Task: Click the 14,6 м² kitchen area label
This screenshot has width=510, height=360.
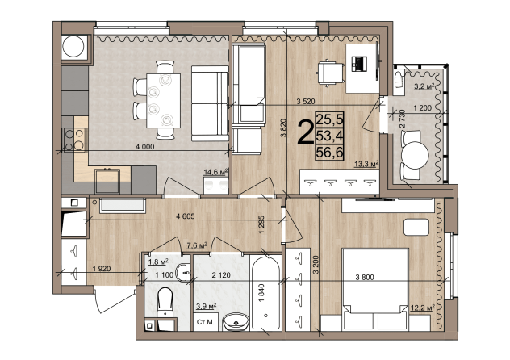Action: click(215, 172)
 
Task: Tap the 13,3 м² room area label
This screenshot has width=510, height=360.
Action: click(366, 165)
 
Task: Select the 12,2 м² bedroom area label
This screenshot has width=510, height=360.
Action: click(423, 308)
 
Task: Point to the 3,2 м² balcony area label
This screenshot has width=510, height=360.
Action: click(424, 86)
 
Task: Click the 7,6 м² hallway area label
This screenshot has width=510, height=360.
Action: click(197, 245)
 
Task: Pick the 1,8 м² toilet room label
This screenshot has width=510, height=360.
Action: click(158, 262)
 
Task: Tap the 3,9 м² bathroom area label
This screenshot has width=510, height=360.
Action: click(207, 307)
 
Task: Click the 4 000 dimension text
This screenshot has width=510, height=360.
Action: click(145, 147)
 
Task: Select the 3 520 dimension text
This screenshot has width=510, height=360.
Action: click(306, 102)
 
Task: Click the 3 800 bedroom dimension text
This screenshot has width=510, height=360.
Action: click(365, 278)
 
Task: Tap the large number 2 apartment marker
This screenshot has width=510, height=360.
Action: click(305, 132)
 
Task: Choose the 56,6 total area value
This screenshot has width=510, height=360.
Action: click(329, 153)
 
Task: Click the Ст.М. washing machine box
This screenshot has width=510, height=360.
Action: click(206, 322)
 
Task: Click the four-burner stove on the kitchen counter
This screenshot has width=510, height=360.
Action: click(74, 139)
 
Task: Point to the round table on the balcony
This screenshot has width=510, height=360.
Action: click(415, 155)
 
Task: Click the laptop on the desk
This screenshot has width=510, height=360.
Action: click(359, 64)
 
